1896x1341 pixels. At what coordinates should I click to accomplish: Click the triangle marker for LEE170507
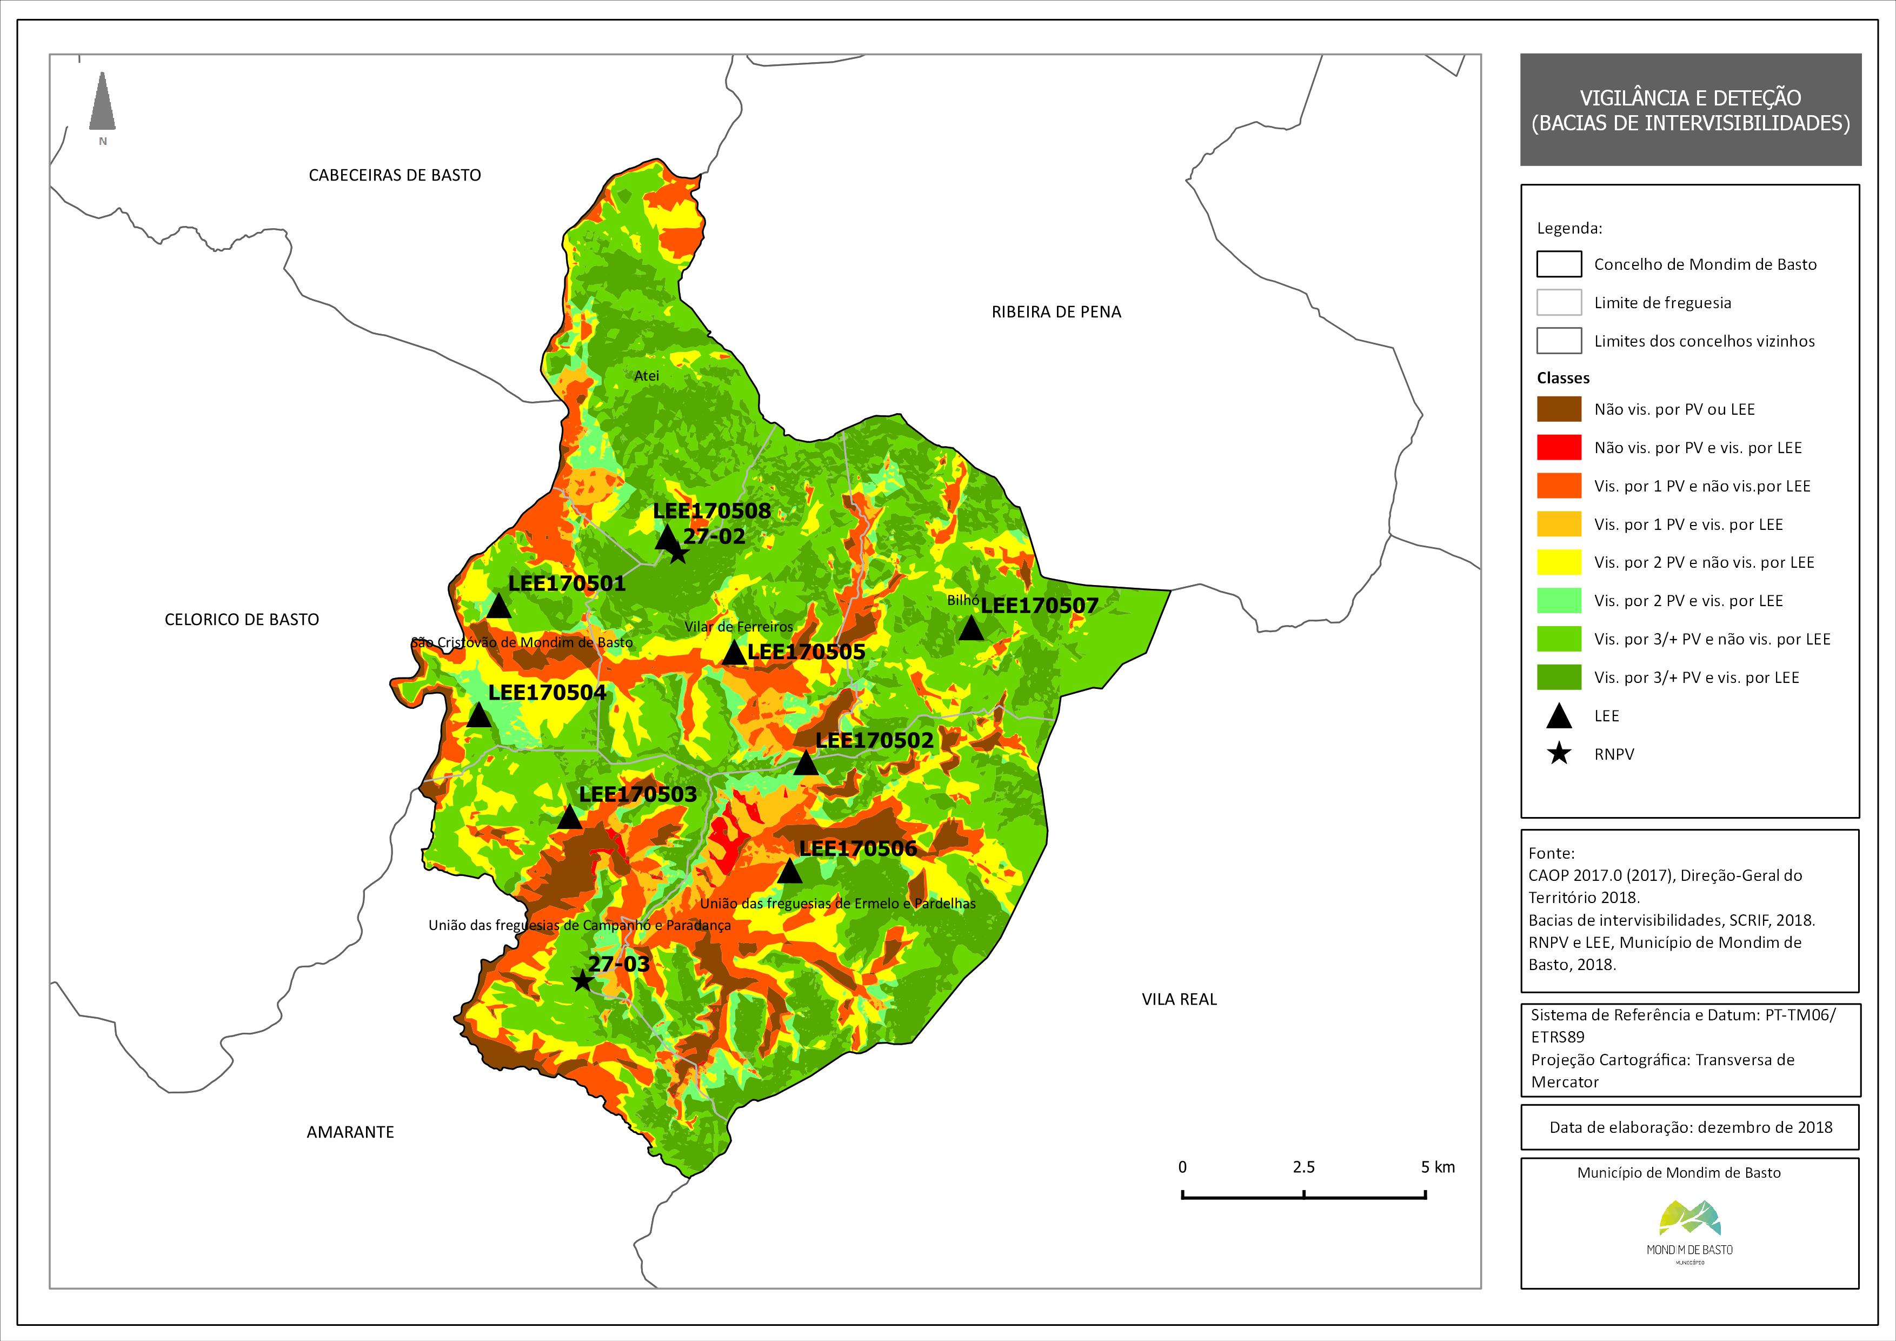[971, 628]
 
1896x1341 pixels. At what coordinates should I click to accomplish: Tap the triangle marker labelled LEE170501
[499, 607]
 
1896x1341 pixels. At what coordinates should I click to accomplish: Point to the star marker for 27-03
[582, 981]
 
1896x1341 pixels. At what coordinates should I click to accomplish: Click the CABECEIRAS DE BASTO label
[395, 175]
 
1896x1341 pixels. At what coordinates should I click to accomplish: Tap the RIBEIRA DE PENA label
[1056, 312]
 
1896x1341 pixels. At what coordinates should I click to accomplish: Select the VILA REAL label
[1179, 999]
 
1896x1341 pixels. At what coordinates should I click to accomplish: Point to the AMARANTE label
[350, 1132]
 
